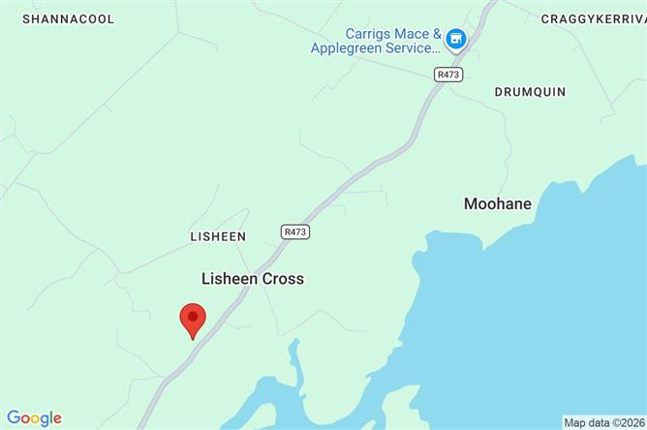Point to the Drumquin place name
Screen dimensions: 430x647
[x=530, y=91]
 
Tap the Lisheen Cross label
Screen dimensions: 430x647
[x=252, y=279]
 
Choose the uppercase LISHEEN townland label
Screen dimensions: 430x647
[x=218, y=236]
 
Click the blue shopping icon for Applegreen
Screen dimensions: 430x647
[x=456, y=39]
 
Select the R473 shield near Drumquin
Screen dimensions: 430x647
[x=447, y=73]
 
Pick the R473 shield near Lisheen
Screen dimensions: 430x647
[x=296, y=232]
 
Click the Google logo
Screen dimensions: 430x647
[x=34, y=418]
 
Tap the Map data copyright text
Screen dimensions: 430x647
[x=604, y=422]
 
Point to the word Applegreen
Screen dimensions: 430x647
[x=346, y=47]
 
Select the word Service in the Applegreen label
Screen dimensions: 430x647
[x=407, y=47]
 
